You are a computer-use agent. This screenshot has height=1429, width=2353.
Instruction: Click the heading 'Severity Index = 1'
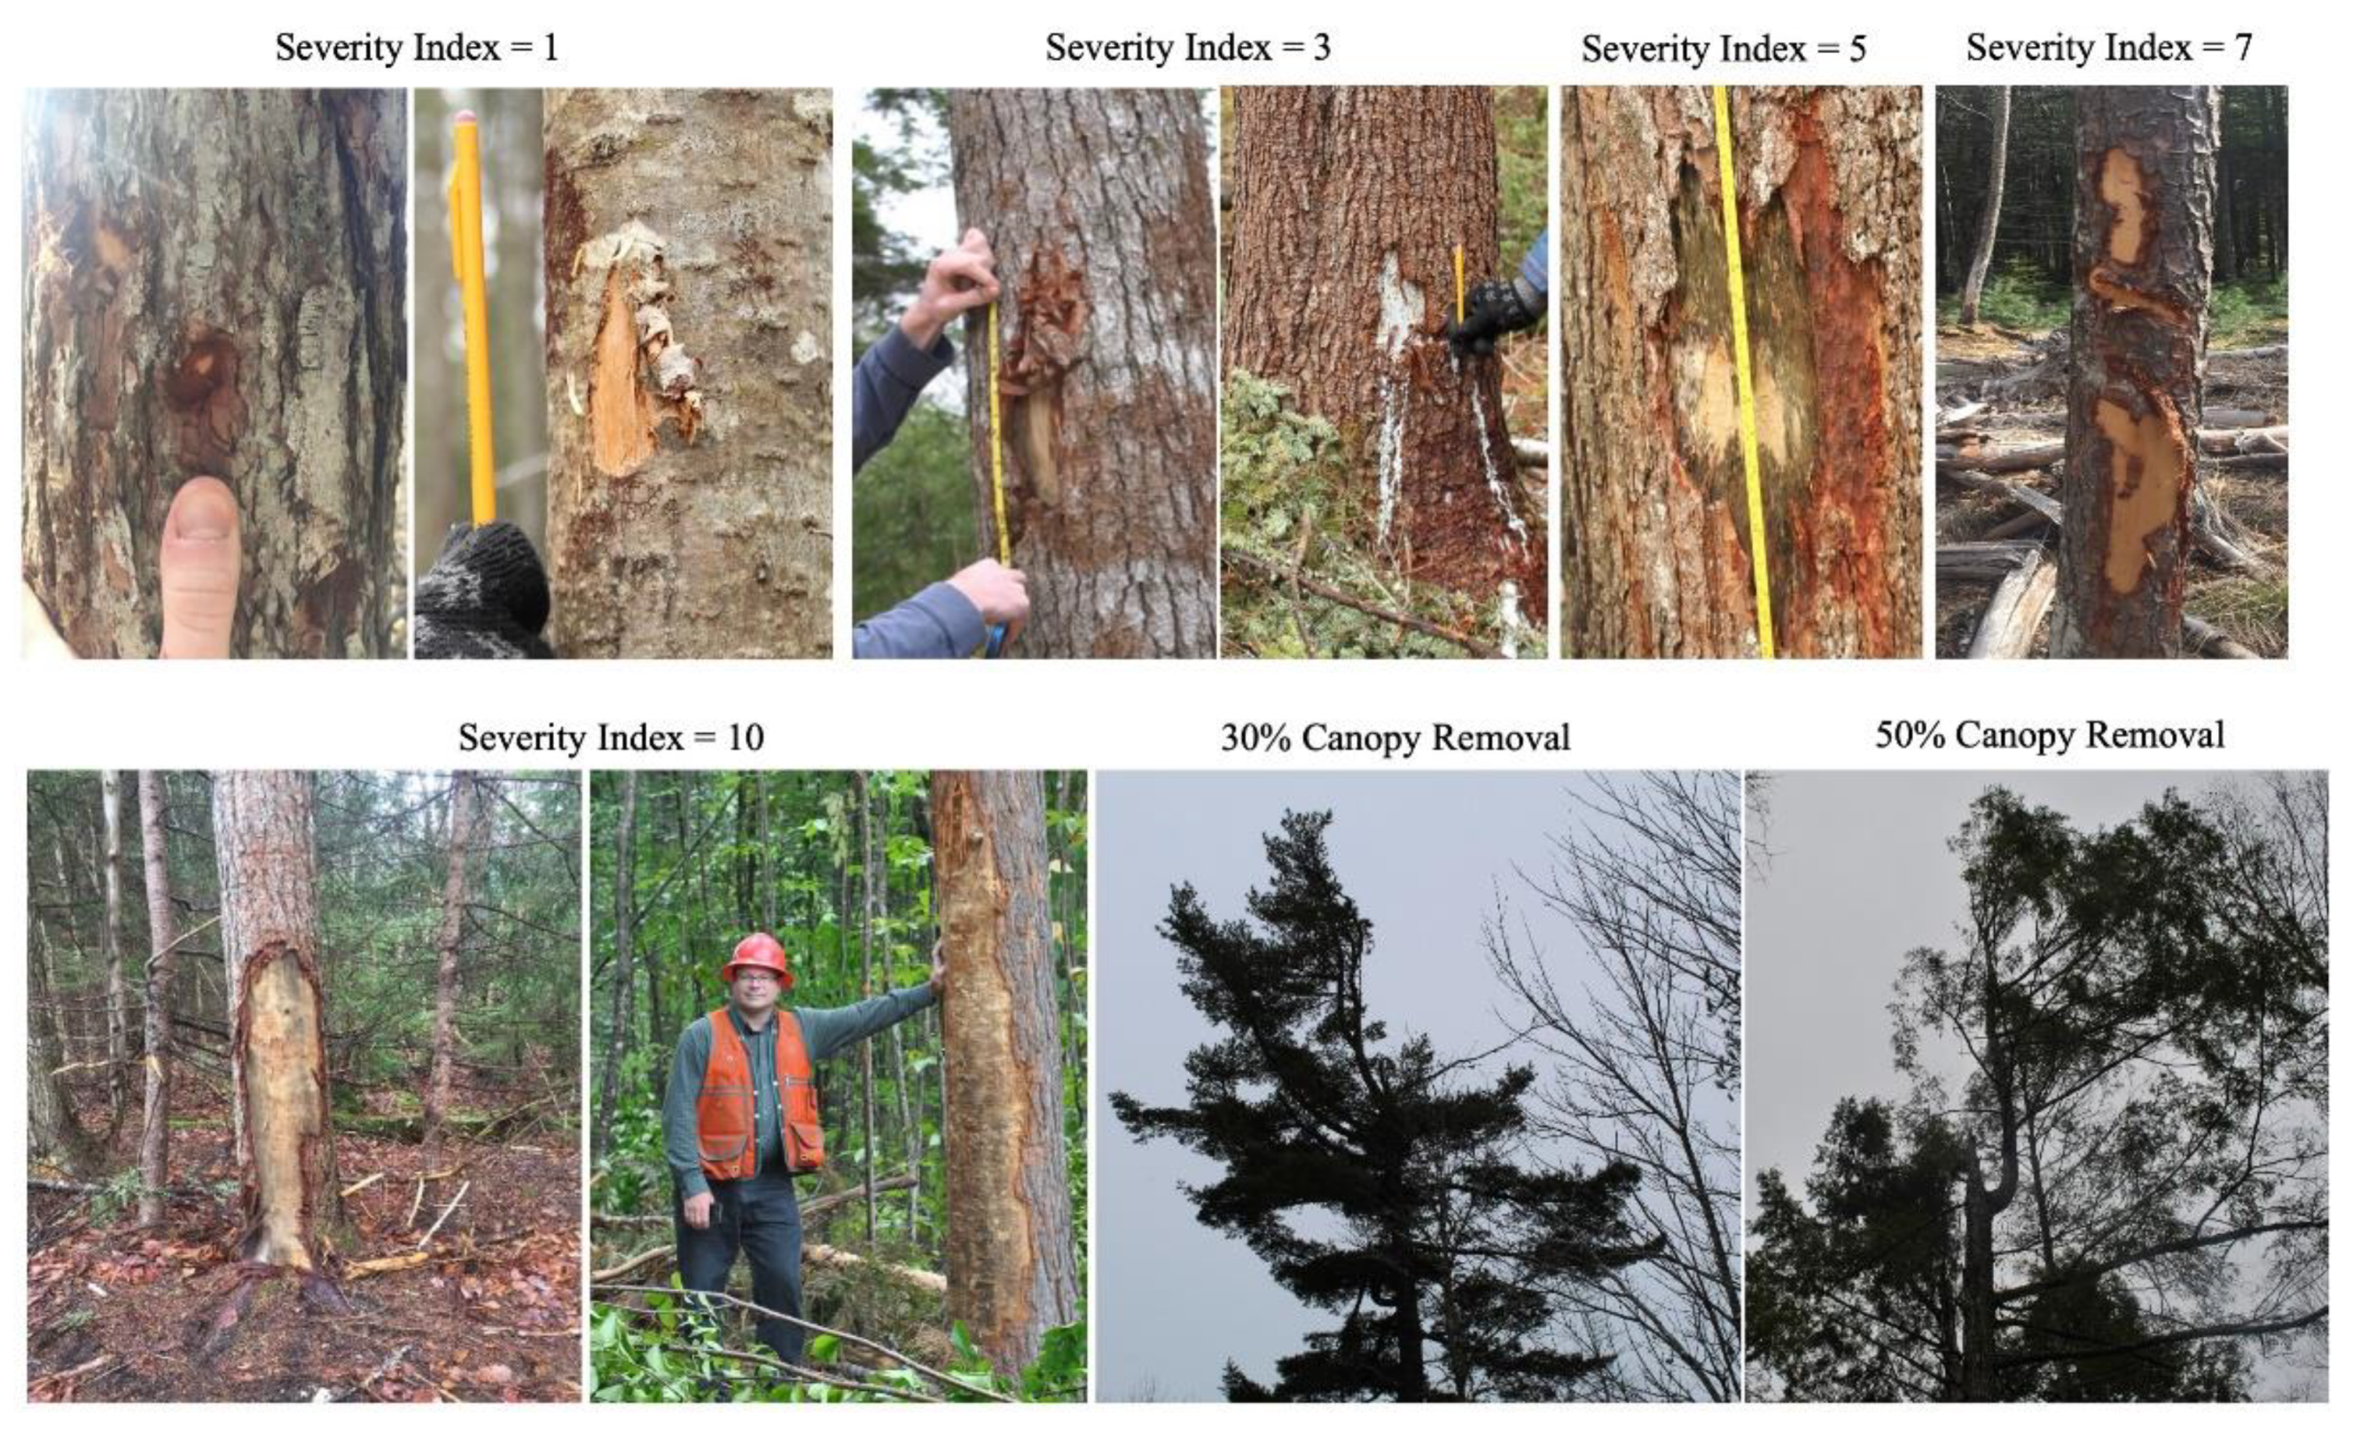tap(417, 48)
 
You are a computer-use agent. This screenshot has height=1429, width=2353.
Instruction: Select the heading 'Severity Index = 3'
tap(1188, 48)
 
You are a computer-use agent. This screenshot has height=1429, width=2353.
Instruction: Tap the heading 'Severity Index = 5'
tap(1724, 50)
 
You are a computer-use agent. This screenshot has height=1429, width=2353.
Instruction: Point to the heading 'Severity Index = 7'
tap(2108, 48)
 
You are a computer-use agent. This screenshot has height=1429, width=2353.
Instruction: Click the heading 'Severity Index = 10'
tap(611, 737)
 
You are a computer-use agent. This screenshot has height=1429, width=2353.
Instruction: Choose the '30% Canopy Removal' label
tap(1395, 738)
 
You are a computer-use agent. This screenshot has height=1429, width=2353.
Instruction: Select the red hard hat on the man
tap(757, 959)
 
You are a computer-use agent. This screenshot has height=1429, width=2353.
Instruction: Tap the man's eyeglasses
tap(755, 978)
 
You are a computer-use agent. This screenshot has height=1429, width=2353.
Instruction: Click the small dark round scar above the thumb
tap(202, 382)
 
